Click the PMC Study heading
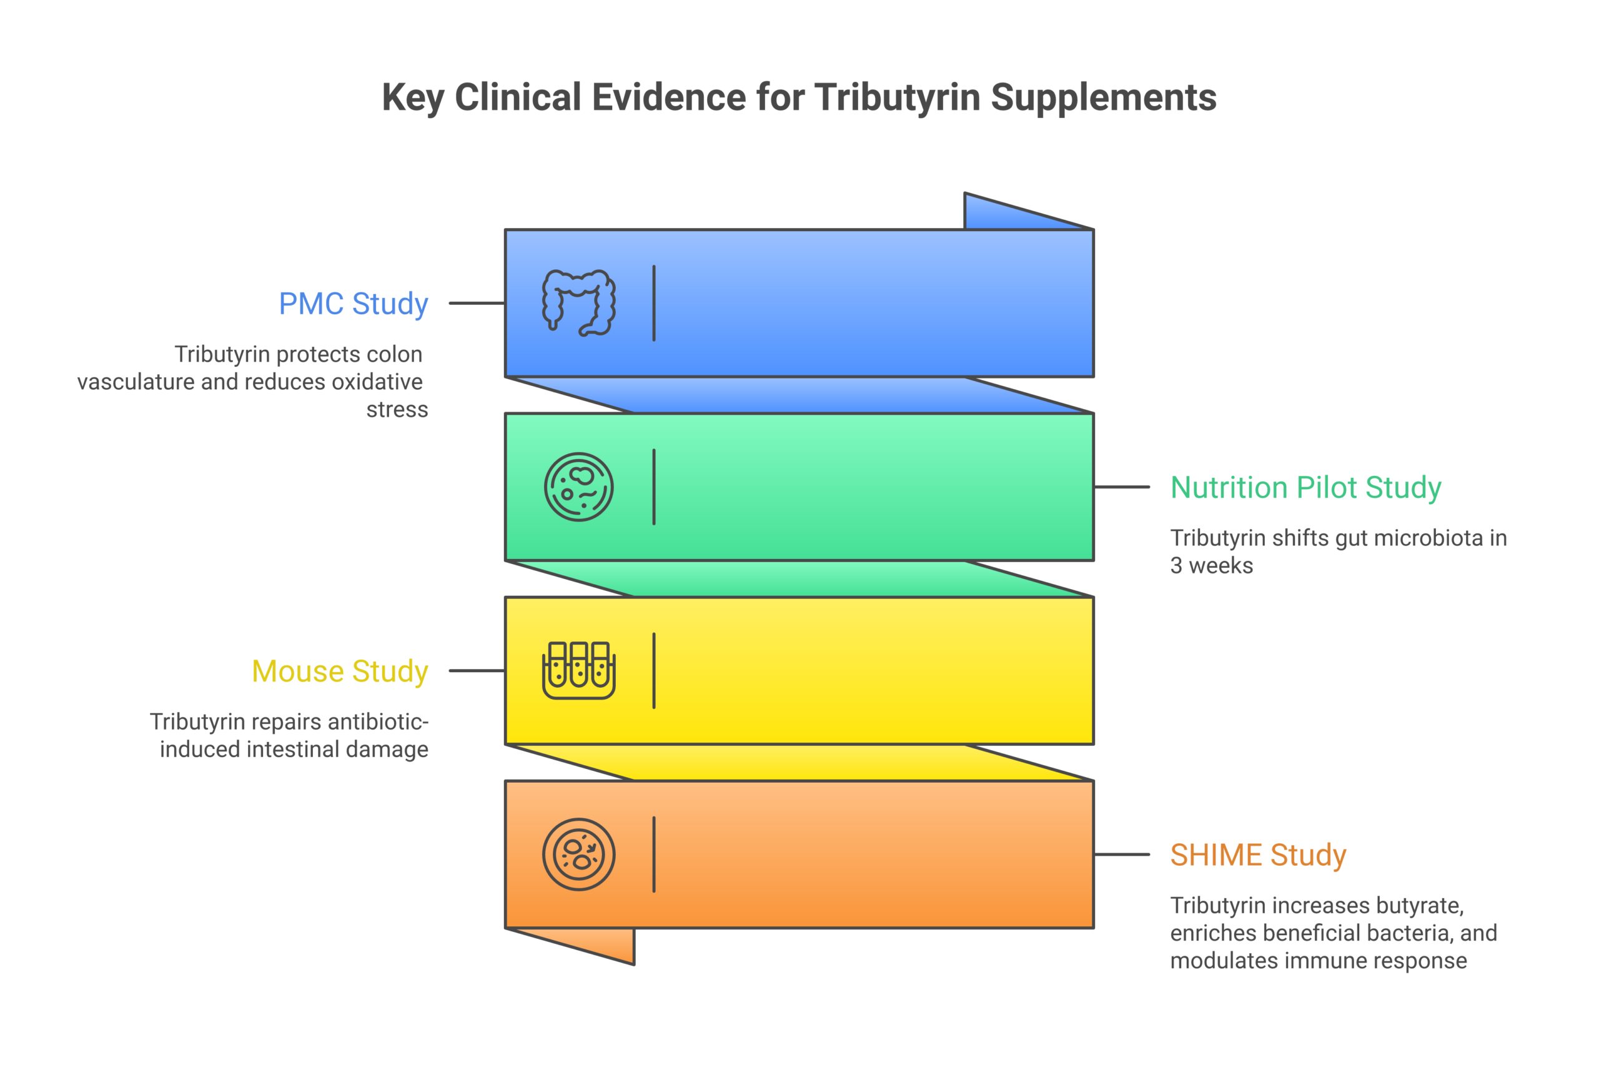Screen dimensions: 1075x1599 tap(353, 304)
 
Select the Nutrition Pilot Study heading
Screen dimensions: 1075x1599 tap(1305, 487)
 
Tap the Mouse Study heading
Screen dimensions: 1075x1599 tap(340, 671)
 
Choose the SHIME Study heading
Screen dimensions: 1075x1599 tap(1258, 855)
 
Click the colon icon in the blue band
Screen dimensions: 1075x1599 tap(578, 303)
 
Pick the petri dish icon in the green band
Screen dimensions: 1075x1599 tap(578, 487)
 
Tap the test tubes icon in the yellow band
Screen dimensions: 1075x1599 tap(578, 670)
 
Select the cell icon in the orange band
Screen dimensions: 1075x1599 tap(578, 855)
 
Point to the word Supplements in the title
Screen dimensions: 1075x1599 tap(1104, 97)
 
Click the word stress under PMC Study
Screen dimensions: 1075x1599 tap(397, 409)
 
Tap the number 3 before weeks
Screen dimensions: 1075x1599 tap(1176, 566)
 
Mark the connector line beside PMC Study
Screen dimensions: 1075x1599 tap(477, 303)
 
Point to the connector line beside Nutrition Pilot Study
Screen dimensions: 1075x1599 tap(1122, 487)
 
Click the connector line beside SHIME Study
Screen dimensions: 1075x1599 tap(1122, 855)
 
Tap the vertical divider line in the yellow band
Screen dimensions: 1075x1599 tap(654, 670)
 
